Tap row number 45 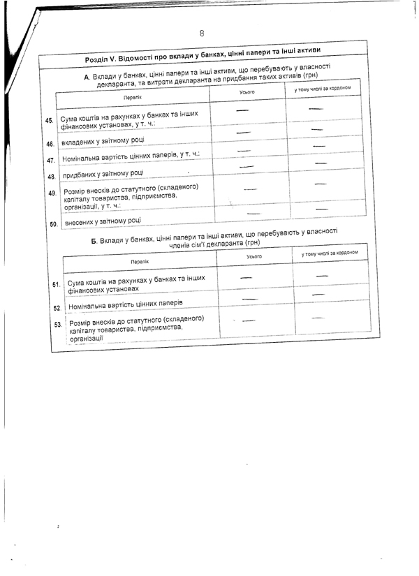pos(49,121)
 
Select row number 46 pos(50,144)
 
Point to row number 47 pos(51,161)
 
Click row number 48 pos(52,177)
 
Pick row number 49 pos(52,193)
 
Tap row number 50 pos(53,225)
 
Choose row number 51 pos(57,286)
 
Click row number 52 pos(57,307)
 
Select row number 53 pos(57,324)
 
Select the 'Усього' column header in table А pos(247,92)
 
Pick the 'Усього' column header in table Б pos(253,257)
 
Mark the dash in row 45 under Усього pos(242,110)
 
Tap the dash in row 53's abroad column pos(321,318)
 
